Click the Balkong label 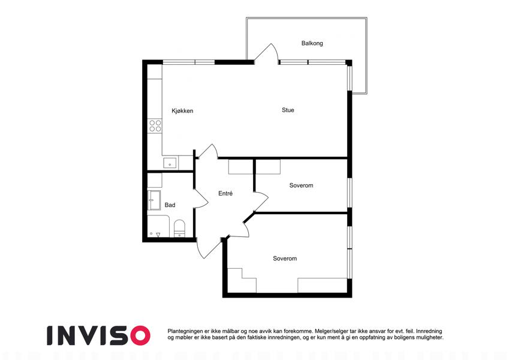pos(312,43)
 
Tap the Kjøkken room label pos(182,111)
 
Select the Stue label pos(288,110)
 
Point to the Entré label pos(225,193)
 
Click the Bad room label pos(170,205)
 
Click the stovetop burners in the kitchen pos(155,126)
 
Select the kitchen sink pos(170,163)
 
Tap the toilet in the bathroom pos(179,229)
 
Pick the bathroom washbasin pos(154,200)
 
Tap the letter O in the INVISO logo pos(140,335)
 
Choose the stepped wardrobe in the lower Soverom pos(242,280)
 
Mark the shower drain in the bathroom pos(151,233)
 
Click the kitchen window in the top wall pos(188,62)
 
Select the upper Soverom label pos(301,185)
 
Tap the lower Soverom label pos(285,259)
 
